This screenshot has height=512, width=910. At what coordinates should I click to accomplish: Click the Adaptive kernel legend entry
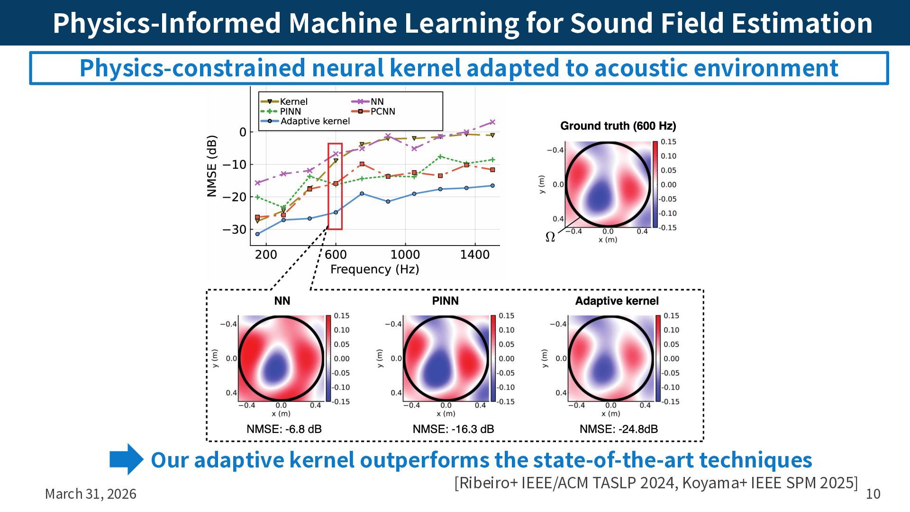pos(315,121)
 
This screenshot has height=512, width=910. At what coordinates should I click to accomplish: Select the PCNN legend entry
pos(382,111)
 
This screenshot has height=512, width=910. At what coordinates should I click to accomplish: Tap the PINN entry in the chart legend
pos(290,111)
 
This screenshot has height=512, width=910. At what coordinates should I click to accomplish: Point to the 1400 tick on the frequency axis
pos(474,255)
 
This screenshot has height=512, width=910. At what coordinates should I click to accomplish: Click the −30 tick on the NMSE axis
pos(235,229)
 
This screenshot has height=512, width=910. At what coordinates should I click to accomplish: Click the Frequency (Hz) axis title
pos(374,270)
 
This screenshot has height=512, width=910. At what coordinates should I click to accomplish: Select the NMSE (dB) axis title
pos(212,166)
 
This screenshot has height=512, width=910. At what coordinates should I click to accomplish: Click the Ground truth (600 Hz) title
pos(618,126)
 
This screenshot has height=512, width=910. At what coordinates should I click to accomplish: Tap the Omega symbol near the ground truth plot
pos(550,237)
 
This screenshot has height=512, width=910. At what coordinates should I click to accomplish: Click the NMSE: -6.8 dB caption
pos(284,429)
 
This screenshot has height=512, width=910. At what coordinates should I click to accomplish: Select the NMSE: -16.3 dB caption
pos(453,429)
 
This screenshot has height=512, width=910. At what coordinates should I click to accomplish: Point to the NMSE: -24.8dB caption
pos(619,429)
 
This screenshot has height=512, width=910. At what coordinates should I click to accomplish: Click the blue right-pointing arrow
pos(126,459)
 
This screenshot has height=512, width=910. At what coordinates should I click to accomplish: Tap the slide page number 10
pos(873,494)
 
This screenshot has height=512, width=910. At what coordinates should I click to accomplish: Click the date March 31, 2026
pos(91,494)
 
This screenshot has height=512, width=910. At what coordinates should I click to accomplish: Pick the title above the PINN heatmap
pos(445,301)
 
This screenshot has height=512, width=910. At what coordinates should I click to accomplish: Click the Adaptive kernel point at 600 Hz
pos(336,212)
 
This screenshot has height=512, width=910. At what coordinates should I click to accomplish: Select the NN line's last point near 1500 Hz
pos(492,122)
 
